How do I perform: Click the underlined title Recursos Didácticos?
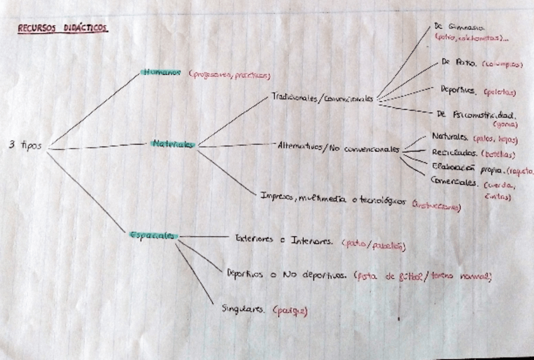[x=62, y=28]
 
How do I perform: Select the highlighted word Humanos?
[x=162, y=72]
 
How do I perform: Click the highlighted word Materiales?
[x=173, y=144]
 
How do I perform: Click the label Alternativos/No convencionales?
[x=338, y=148]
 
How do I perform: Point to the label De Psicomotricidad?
[x=476, y=115]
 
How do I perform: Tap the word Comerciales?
[x=453, y=182]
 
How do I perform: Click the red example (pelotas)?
[x=501, y=92]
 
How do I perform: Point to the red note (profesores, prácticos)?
[x=229, y=75]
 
